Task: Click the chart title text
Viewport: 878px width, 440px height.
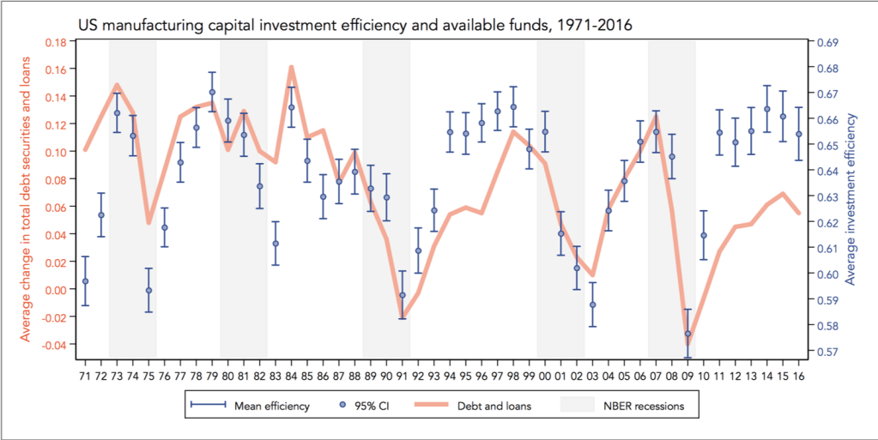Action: click(354, 25)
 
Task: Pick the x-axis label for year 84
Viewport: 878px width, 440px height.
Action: click(291, 375)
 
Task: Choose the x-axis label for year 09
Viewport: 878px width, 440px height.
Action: click(687, 375)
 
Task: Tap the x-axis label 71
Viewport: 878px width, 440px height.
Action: click(85, 375)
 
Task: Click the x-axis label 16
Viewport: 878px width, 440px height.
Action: click(798, 375)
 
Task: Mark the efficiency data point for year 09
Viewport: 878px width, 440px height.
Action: click(687, 334)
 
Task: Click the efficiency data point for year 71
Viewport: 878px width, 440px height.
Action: click(85, 281)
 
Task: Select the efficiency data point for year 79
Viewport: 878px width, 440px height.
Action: click(212, 93)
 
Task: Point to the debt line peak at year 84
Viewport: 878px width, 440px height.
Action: click(292, 67)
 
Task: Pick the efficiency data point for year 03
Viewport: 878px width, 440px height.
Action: click(592, 305)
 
